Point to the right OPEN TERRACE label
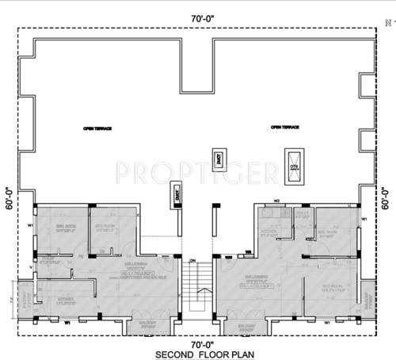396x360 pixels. tap(287, 127)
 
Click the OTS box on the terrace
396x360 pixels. tap(295, 161)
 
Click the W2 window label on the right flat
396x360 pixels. tap(277, 201)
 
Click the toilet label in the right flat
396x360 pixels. tap(302, 214)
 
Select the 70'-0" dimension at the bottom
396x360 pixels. tap(197, 343)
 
